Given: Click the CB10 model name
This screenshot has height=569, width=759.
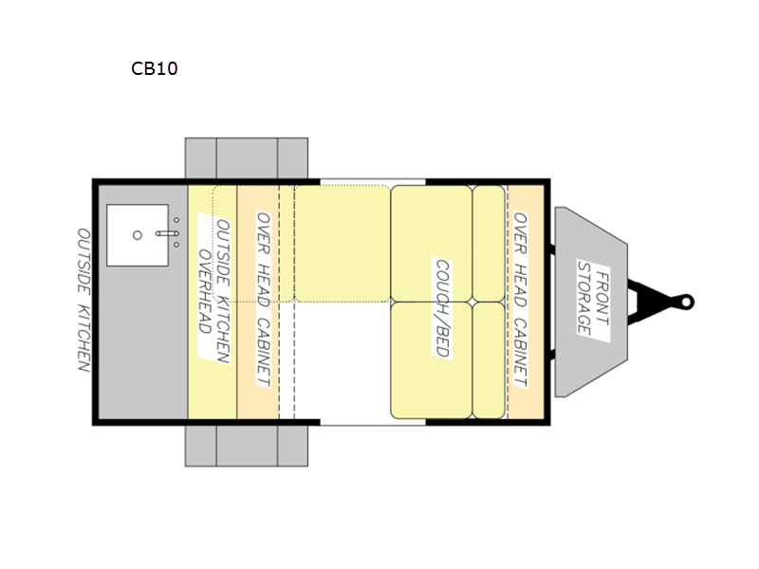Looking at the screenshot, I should pos(155,68).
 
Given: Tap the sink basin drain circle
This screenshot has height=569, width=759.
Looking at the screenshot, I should pos(138,233).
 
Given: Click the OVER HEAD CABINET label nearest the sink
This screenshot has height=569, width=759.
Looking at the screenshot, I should pos(265,299).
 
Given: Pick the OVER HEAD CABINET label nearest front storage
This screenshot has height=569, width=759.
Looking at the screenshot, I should pos(521,299).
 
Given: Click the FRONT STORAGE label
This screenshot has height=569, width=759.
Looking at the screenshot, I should pos(590,295).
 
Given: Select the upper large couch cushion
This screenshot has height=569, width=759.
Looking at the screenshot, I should pos(431,242).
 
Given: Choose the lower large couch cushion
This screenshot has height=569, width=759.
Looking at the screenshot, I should pos(431,359).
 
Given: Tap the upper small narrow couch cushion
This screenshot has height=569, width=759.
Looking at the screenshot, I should pos(489,242).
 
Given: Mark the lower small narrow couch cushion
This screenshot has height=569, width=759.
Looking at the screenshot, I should pos(489,359).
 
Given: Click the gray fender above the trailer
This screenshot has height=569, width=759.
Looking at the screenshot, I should pos(246,157).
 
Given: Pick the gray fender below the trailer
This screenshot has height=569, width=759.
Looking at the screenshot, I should pos(246,445).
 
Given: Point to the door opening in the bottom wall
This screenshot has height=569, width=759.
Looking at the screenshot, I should pos(372,421).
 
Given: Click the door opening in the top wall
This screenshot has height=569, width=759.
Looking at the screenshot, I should pos(372,180).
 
